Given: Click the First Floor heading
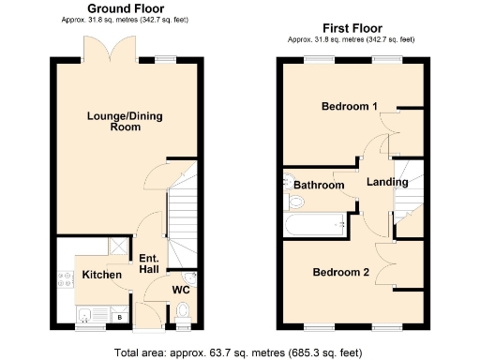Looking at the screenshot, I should point(351,28).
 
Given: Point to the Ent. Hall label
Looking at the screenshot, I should point(148,262).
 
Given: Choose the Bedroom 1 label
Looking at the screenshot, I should point(350,106).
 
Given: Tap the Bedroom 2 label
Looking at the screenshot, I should point(341,272).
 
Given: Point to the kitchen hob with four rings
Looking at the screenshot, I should point(65,277).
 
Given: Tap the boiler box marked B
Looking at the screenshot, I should point(119,317).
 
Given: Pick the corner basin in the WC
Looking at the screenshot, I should point(189,278).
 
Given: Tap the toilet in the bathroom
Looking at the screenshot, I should point(289,184).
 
